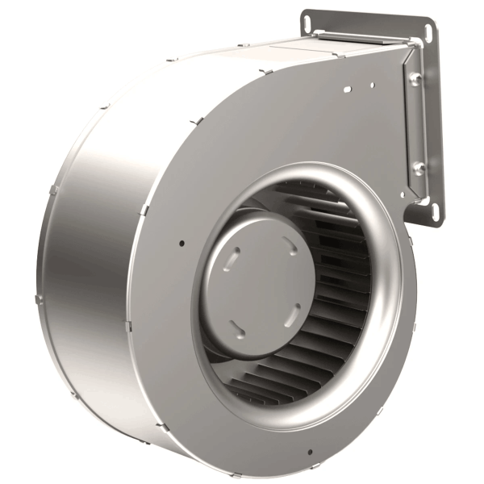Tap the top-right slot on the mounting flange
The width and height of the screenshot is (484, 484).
428,32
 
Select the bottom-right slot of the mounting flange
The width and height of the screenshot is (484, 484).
436,211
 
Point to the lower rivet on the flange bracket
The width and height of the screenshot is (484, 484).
419,168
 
